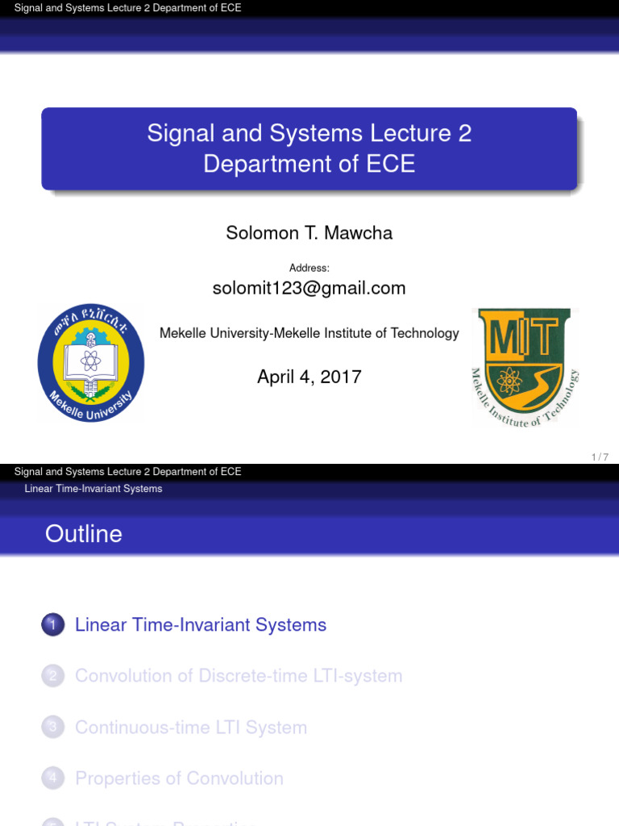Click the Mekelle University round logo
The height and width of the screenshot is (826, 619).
91,363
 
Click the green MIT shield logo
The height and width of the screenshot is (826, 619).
525,366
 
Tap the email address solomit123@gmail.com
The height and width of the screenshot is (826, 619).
309,288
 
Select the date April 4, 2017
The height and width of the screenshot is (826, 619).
309,377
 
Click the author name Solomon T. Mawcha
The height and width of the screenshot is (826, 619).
309,233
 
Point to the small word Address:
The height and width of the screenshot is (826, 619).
309,268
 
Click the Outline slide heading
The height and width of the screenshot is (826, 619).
84,534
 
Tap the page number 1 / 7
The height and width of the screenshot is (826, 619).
599,457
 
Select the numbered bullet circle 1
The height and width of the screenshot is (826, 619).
53,625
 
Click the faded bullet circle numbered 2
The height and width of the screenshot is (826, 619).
53,676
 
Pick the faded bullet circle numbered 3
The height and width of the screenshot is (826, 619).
53,728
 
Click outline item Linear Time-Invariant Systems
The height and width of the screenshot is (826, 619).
201,625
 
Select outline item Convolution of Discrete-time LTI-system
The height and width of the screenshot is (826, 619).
239,676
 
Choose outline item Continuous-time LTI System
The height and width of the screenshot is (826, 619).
191,728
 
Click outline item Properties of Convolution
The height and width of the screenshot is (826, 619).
179,778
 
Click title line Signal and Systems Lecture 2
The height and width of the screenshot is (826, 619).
309,133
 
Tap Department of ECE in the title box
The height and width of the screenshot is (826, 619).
309,165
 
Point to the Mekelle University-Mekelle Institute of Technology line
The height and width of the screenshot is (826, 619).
309,333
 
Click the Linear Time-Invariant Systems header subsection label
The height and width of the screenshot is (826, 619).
93,489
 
